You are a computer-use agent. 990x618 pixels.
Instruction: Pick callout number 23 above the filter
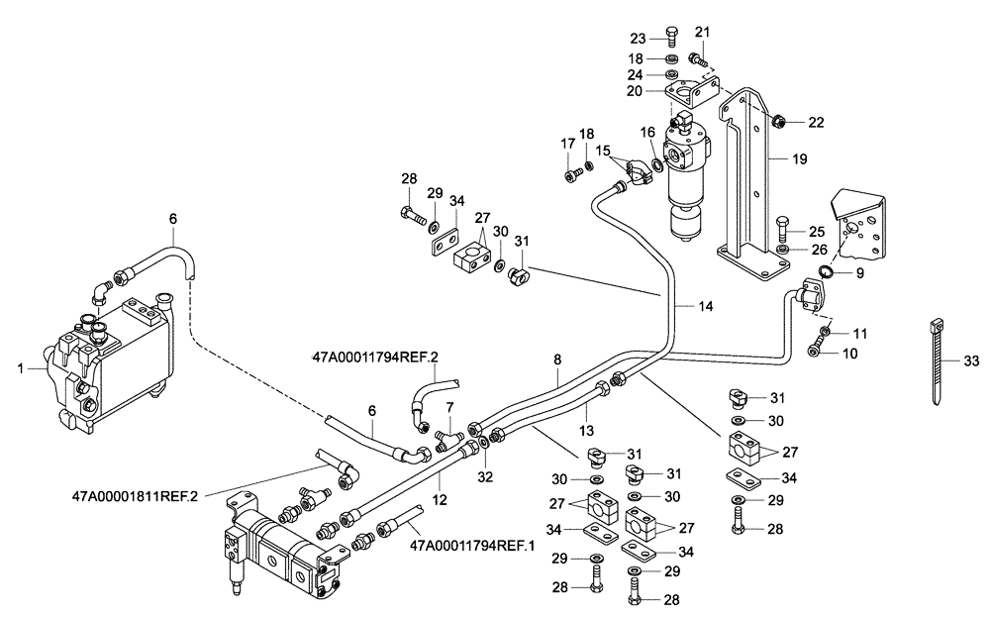tap(638, 38)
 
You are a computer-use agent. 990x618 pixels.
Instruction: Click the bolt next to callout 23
tap(672, 38)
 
